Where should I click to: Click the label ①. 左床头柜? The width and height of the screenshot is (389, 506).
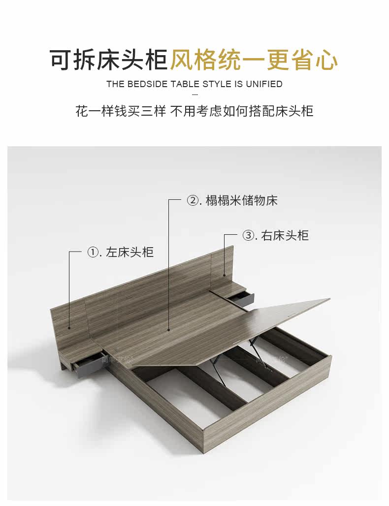coord(120,252)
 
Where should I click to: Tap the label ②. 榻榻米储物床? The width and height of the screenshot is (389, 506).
coord(232,201)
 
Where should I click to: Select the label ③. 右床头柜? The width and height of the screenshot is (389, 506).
coord(275,235)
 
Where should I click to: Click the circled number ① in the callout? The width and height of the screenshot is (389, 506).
coord(93,252)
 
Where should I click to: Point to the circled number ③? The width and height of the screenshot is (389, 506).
coord(248,235)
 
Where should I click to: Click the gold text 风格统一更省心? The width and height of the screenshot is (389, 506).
coord(254,60)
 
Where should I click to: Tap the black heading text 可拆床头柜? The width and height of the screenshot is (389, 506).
coord(109,60)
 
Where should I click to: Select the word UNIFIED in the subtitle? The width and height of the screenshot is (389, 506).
coord(264,84)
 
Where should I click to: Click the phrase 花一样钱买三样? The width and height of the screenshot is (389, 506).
coord(121,111)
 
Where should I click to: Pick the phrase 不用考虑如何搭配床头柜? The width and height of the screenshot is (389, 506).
coord(242,111)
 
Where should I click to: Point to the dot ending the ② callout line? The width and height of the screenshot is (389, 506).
coord(168,330)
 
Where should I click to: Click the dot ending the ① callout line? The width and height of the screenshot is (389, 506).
coord(69,327)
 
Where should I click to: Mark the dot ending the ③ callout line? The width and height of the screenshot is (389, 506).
coord(225,275)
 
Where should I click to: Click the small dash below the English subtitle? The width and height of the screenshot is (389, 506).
coord(194,95)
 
